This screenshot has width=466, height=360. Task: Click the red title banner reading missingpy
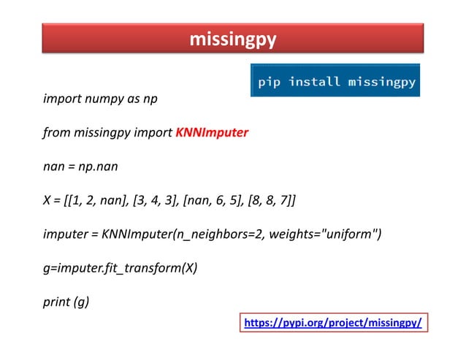(233, 38)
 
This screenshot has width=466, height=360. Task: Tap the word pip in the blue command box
(269, 82)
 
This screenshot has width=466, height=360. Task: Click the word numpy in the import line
(98, 99)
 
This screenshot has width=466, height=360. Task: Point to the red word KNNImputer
(212, 133)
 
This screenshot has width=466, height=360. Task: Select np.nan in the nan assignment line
(98, 166)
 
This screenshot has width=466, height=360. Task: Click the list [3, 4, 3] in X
(161, 200)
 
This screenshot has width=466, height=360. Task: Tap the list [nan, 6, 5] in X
(217, 200)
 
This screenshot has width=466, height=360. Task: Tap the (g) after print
(81, 300)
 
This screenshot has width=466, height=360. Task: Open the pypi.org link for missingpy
(332, 322)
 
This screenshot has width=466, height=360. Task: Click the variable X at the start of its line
(47, 200)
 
